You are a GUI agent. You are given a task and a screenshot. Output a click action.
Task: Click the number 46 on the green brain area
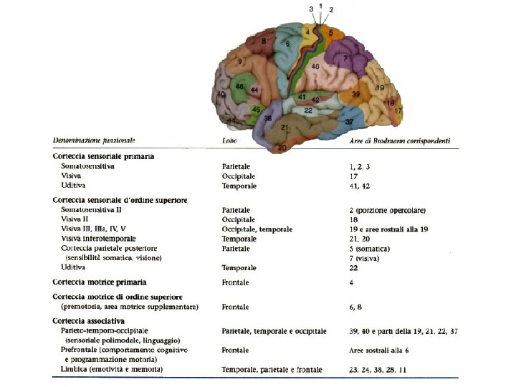tap(240, 87)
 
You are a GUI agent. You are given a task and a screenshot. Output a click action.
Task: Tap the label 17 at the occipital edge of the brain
tap(398, 110)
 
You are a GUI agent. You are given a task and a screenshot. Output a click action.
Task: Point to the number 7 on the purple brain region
tap(345, 57)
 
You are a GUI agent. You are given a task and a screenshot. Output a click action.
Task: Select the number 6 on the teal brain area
tap(287, 44)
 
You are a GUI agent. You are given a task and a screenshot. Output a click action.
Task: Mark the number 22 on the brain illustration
tap(307, 110)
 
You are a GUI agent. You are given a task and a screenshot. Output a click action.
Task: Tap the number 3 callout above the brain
tap(311, 9)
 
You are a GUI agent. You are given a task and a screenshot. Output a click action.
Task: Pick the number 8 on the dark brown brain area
tap(264, 41)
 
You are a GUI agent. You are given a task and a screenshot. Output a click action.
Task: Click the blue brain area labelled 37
tap(349, 122)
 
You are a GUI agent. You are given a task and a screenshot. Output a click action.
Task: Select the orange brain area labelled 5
tap(332, 32)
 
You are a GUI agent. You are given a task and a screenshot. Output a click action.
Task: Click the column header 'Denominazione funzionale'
tap(94, 141)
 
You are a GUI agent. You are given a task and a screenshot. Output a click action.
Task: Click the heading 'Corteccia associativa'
tap(89, 320)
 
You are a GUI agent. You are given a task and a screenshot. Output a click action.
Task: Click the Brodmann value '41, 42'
tap(352, 186)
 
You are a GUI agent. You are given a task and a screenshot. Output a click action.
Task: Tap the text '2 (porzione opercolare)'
tap(382, 210)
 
